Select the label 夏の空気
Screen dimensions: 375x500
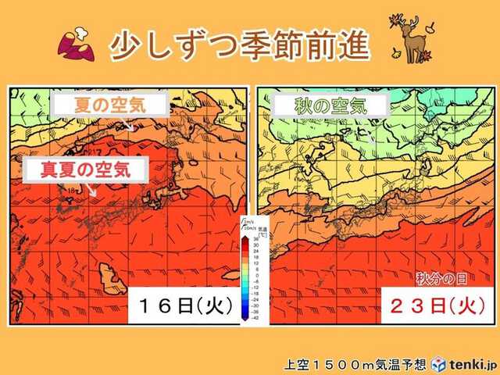coord(109,106)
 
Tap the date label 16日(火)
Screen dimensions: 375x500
coord(185,304)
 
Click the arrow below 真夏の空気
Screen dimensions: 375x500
coord(93,188)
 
